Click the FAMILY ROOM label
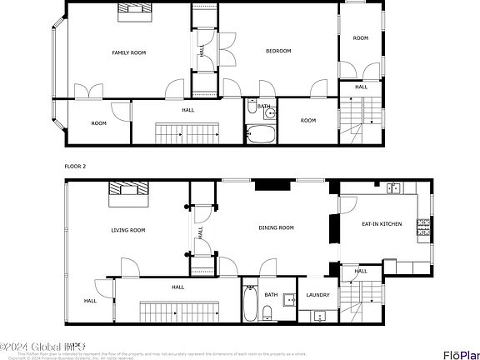click(x=128, y=52)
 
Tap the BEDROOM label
click(x=277, y=51)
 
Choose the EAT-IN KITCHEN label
click(x=381, y=223)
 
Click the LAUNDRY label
click(x=317, y=294)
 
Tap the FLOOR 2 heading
click(x=77, y=166)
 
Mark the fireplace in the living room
click(x=127, y=192)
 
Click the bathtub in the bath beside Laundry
click(x=250, y=303)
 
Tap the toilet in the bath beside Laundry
click(x=267, y=313)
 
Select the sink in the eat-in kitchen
click(x=392, y=189)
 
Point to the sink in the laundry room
click(x=318, y=316)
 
